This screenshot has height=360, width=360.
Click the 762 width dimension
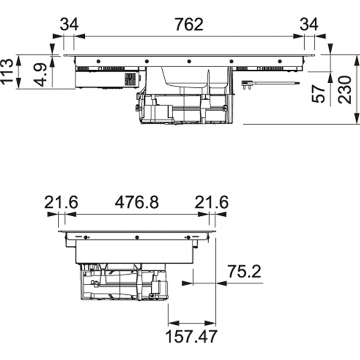[189, 25]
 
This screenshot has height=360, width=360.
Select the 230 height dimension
[345, 89]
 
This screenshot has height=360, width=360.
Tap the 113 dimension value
[7, 71]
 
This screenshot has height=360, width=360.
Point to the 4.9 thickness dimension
[40, 75]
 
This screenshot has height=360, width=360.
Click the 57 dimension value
[319, 93]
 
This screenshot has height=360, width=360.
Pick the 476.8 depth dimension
[137, 203]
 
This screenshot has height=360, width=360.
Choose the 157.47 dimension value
[191, 337]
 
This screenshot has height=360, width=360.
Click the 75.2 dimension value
[244, 272]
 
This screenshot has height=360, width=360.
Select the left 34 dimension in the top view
[69, 25]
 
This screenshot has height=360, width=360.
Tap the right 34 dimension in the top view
[309, 25]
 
